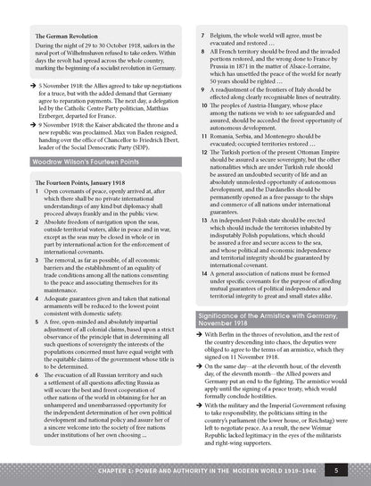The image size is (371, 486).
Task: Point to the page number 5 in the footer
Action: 347,470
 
